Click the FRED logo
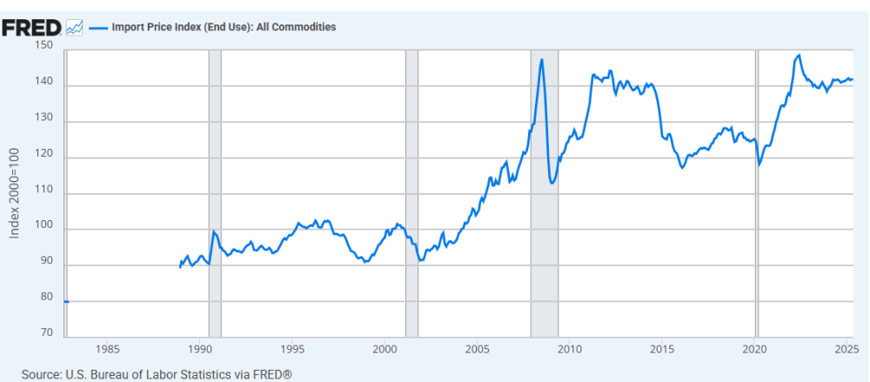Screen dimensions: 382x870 pyautogui.click(x=30, y=27)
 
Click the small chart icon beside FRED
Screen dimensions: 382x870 pyautogui.click(x=75, y=27)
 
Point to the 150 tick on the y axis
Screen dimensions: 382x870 pyautogui.click(x=44, y=46)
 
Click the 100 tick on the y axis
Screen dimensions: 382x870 pyautogui.click(x=44, y=230)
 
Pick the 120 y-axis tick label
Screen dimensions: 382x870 pyautogui.click(x=44, y=157)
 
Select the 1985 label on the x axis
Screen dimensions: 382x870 pyautogui.click(x=108, y=350)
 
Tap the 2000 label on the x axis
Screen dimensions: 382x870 pyautogui.click(x=385, y=350)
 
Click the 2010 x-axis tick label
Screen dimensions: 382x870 pyautogui.click(x=570, y=350)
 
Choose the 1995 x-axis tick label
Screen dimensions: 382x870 pyautogui.click(x=292, y=350)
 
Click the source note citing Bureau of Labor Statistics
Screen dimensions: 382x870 pyautogui.click(x=157, y=374)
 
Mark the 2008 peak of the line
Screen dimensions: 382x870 pyautogui.click(x=542, y=60)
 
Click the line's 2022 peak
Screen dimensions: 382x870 pyautogui.click(x=799, y=56)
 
